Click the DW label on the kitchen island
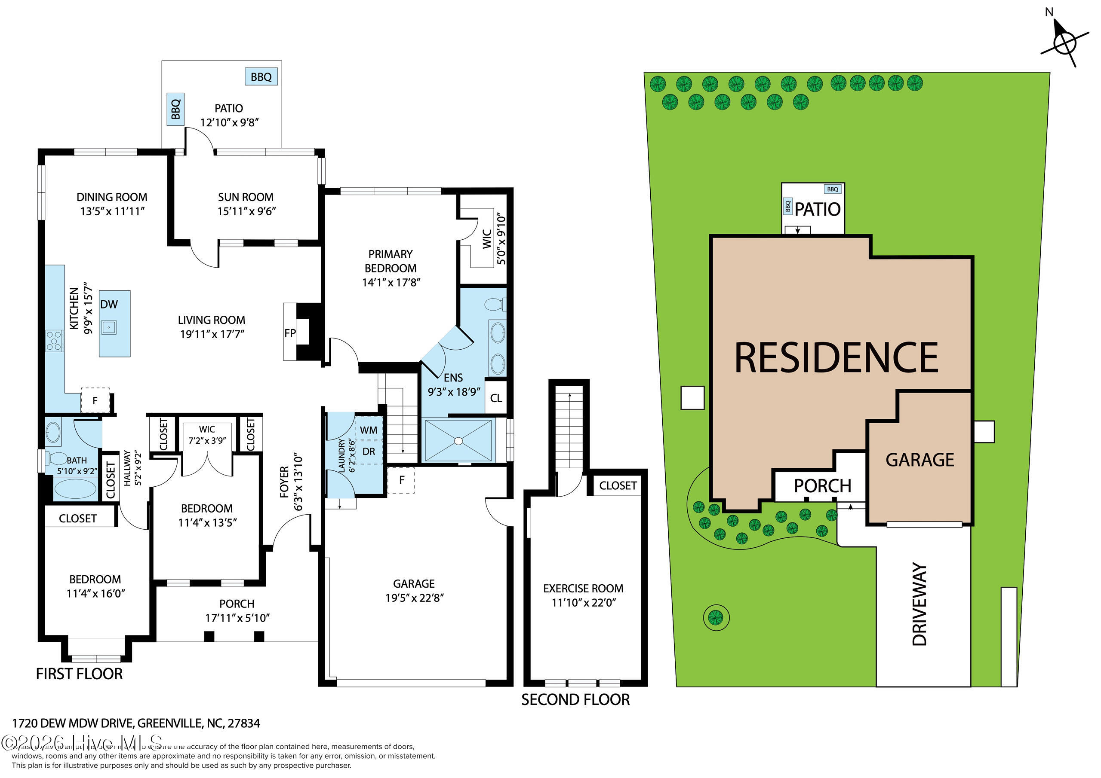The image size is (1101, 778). click(109, 305)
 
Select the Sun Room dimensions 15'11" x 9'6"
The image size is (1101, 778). click(246, 212)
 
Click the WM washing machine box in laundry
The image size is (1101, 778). click(368, 430)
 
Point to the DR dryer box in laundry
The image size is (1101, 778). click(368, 452)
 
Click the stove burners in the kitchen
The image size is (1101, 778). click(54, 341)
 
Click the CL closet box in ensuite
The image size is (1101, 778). click(496, 398)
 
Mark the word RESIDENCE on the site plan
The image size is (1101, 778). click(837, 358)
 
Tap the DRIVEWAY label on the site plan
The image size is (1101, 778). click(920, 604)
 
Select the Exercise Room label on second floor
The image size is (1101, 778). click(583, 589)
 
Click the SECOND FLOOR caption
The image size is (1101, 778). click(575, 700)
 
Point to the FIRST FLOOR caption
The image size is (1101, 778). click(79, 674)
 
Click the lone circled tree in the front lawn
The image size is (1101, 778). click(716, 616)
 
